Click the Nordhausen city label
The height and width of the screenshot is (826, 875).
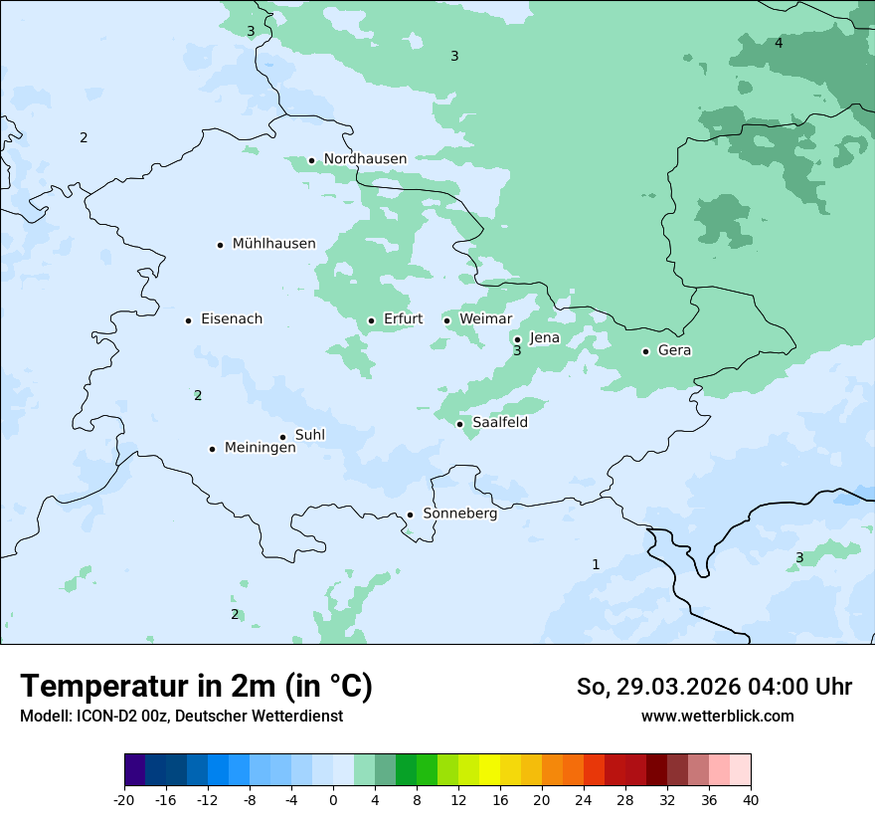point(365,159)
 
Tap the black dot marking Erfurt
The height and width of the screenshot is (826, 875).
point(371,320)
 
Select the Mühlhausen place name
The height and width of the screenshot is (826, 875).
point(273,244)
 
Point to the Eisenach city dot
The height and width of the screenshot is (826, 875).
point(188,320)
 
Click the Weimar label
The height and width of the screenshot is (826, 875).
point(485,319)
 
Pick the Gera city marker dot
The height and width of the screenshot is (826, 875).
point(645,351)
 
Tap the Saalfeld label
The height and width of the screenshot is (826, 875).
point(499,423)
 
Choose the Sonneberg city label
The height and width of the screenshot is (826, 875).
point(459,515)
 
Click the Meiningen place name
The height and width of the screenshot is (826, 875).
point(260,449)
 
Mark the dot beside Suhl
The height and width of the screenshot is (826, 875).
point(282,437)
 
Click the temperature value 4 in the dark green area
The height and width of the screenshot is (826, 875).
point(779,43)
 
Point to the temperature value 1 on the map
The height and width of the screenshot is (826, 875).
point(596,565)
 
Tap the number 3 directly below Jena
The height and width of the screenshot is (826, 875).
point(517,351)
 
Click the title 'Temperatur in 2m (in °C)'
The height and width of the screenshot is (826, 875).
point(196,687)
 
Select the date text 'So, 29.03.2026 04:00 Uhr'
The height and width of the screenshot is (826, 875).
point(714,688)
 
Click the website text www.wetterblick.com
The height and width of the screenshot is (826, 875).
point(717,717)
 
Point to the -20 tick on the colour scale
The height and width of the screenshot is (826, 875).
point(124,800)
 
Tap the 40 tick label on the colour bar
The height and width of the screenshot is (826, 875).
point(750,800)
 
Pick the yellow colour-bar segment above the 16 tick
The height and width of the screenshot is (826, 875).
point(489,769)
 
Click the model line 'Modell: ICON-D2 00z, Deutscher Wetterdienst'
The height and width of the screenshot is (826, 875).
point(181,717)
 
